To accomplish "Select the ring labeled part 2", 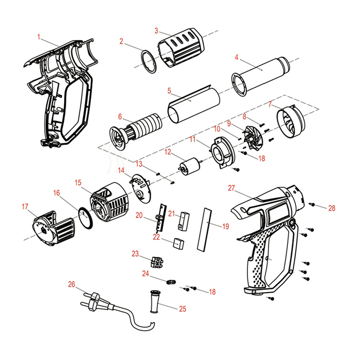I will tap(148, 61).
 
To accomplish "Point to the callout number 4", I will tap(236, 57).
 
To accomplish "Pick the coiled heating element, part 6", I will tap(136, 130).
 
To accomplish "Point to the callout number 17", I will tap(25, 207).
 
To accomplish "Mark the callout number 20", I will tap(139, 215).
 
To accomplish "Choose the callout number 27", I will tap(231, 188).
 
